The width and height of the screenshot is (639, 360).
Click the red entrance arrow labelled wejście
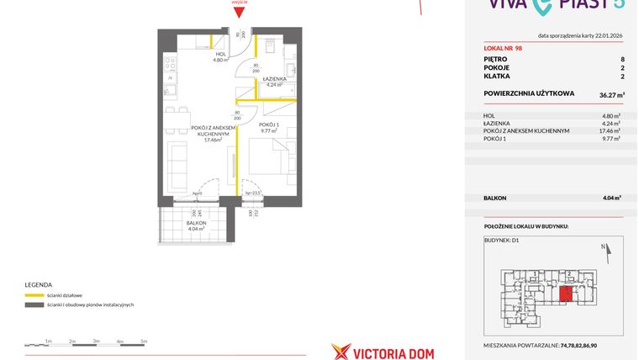coord(240,10)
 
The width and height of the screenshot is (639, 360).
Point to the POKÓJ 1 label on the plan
coord(269,124)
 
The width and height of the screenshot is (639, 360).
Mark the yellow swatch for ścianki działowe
coord(34,295)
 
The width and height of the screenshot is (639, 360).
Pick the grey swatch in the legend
coord(34,304)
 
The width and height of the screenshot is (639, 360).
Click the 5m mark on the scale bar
coord(144,341)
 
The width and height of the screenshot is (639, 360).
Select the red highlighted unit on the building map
coord(567,293)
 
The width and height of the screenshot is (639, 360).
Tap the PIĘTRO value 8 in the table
coord(621,60)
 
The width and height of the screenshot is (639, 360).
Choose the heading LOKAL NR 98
coord(504,47)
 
